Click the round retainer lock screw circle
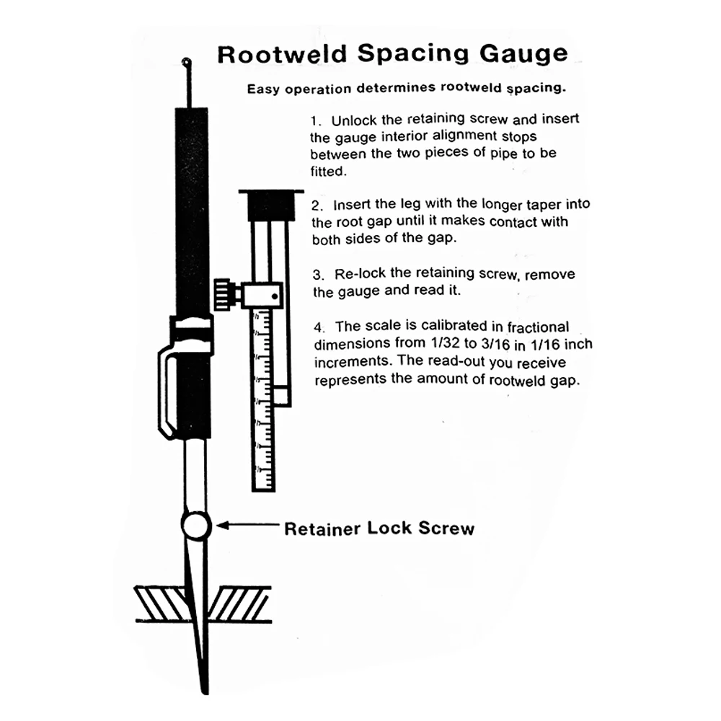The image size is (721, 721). (x=195, y=525)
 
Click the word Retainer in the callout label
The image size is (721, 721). (x=322, y=529)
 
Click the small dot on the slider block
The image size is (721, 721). (x=275, y=294)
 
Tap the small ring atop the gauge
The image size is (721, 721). (x=187, y=63)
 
